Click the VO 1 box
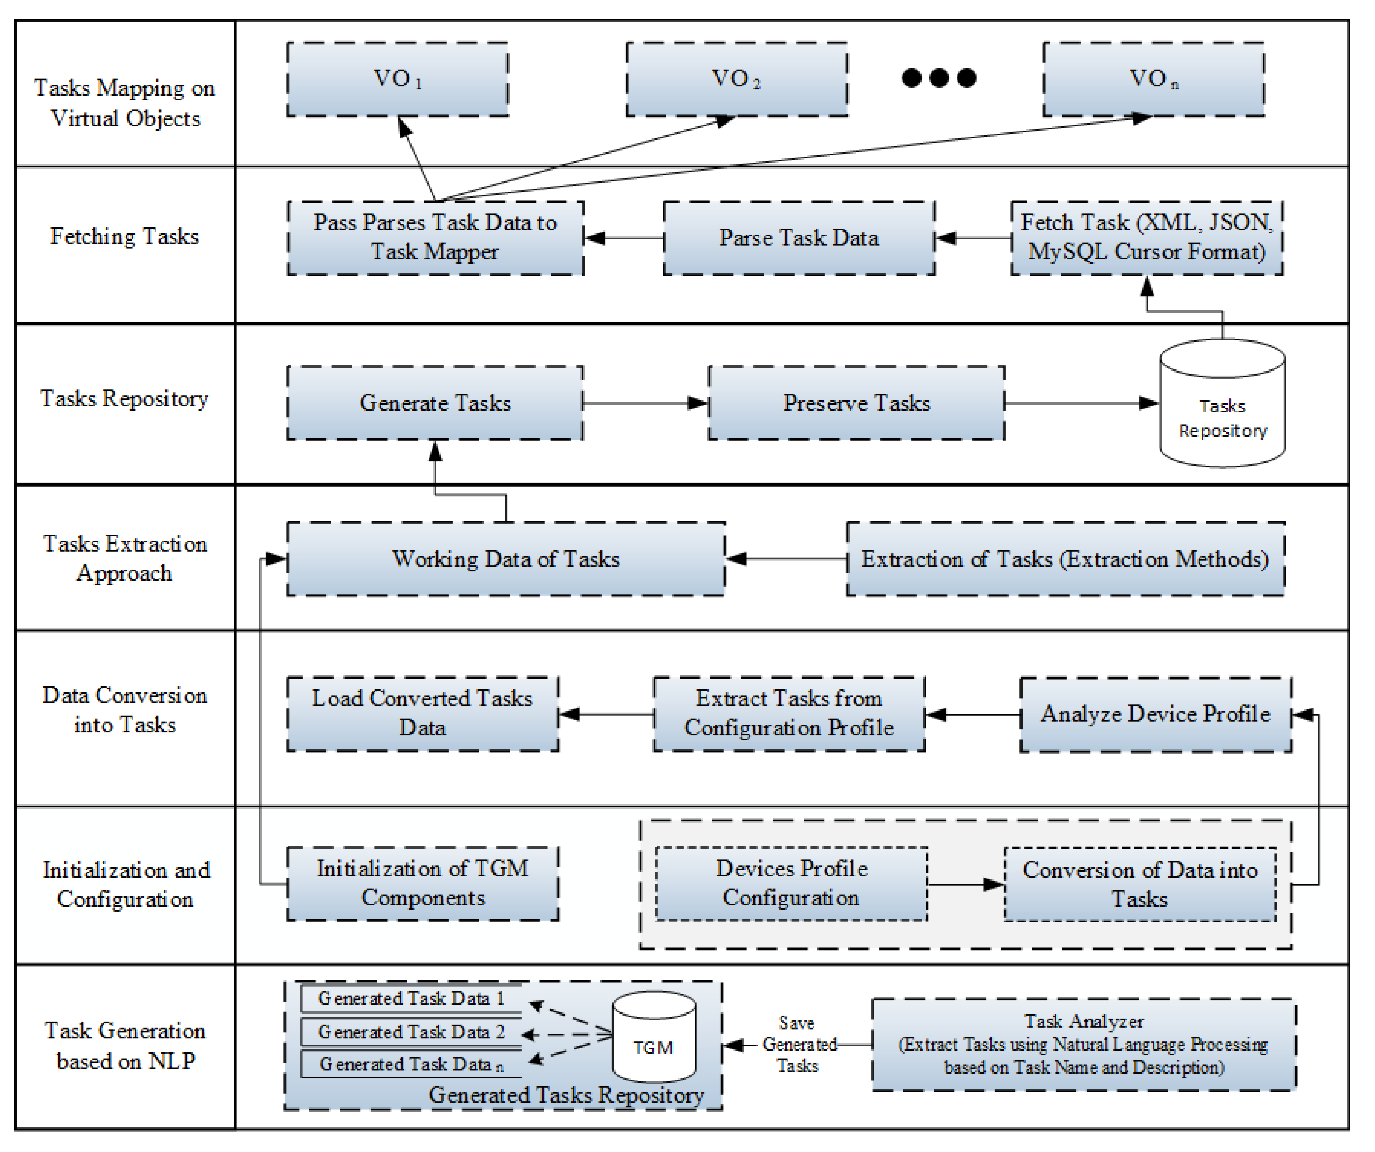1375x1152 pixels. pyautogui.click(x=397, y=79)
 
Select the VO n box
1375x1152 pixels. pyautogui.click(x=1153, y=79)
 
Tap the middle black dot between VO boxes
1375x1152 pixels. pyautogui.click(x=939, y=78)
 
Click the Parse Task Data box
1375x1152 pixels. pyautogui.click(x=799, y=238)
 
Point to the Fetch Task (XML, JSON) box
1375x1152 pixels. pyautogui.click(x=1146, y=238)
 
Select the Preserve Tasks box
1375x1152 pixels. pyautogui.click(x=856, y=403)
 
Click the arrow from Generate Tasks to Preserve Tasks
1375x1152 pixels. pyautogui.click(x=645, y=403)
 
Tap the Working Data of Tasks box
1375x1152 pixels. pyautogui.click(x=506, y=558)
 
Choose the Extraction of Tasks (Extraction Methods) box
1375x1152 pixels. pyautogui.click(x=1065, y=558)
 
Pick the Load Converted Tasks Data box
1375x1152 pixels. pyautogui.click(x=422, y=713)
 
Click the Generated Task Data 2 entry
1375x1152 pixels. pyautogui.click(x=411, y=1032)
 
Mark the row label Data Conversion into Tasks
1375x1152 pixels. pyautogui.click(x=125, y=710)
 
